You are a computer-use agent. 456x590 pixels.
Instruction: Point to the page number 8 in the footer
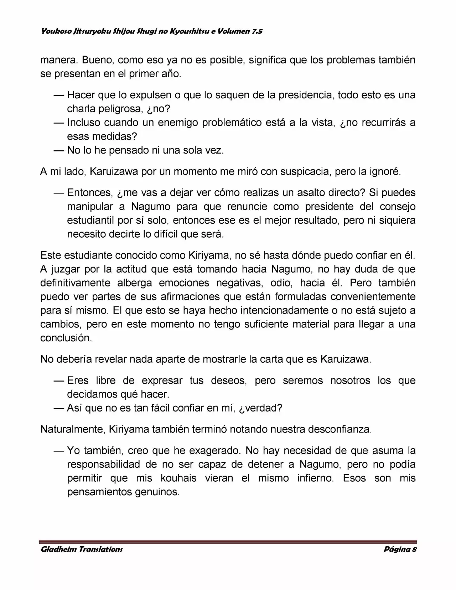(414, 549)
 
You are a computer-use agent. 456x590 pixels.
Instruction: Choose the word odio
(281, 283)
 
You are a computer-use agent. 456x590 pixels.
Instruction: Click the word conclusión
(66, 338)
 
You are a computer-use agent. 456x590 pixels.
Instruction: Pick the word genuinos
(157, 492)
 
